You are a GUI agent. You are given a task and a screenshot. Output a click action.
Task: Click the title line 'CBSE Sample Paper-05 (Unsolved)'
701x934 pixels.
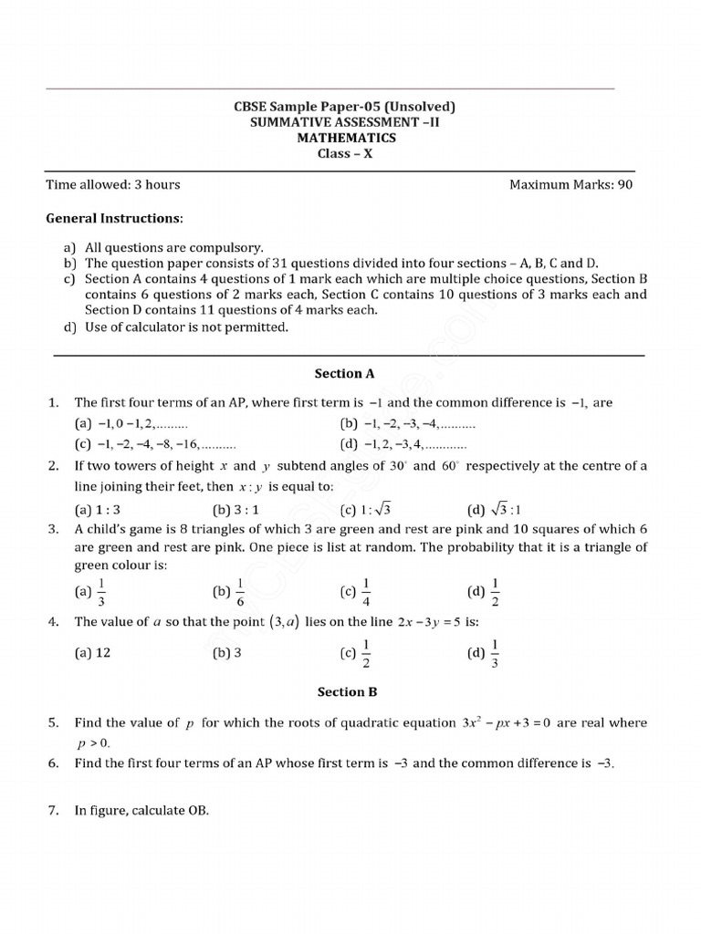(345, 107)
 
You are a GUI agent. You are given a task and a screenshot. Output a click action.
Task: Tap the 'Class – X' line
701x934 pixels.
(345, 153)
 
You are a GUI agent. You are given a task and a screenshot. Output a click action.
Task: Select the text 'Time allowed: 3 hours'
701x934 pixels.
(113, 184)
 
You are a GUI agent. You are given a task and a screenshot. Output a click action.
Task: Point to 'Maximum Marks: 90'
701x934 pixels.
(570, 184)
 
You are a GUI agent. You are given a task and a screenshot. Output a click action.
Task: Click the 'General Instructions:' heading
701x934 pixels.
(114, 219)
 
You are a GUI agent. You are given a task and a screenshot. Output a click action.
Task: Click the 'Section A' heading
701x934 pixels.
(345, 373)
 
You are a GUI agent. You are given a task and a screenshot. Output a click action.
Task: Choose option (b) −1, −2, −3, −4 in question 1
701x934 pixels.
(407, 424)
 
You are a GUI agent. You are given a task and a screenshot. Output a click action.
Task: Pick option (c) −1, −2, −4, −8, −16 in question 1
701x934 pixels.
(154, 445)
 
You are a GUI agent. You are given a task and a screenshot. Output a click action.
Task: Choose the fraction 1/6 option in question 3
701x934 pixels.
(229, 592)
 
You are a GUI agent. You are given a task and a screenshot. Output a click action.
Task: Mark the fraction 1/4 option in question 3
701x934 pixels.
(357, 592)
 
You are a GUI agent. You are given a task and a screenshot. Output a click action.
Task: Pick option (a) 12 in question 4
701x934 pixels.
(92, 653)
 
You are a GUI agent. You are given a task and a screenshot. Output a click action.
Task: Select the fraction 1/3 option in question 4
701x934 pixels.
(484, 653)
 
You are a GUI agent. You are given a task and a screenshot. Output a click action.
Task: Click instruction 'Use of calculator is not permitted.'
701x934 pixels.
(186, 327)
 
